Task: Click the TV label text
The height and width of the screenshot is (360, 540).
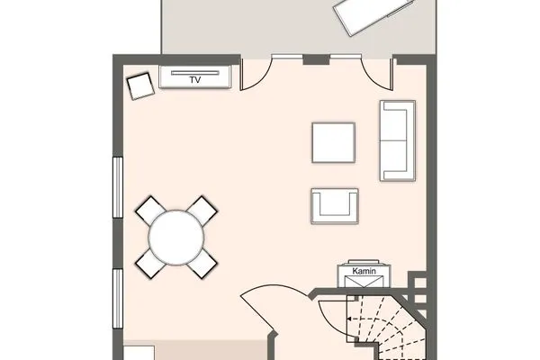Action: [195, 80]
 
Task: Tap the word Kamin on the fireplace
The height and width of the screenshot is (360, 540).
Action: [364, 271]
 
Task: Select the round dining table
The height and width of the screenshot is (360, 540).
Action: [176, 238]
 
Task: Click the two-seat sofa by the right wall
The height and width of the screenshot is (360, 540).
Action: [398, 140]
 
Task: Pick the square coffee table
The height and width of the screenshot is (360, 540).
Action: [333, 142]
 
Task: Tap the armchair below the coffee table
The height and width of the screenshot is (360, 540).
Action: [335, 206]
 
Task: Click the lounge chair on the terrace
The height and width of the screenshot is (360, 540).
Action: [374, 15]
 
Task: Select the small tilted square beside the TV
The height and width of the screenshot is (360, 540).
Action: [140, 86]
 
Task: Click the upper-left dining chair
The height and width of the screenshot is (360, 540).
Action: [151, 210]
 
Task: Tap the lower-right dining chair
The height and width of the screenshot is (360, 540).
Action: [202, 264]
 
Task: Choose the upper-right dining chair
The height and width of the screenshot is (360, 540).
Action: [202, 210]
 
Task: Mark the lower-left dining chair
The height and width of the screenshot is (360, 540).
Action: [151, 264]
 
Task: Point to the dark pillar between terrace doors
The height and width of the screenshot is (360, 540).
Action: [316, 59]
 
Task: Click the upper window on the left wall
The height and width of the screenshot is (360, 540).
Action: [118, 187]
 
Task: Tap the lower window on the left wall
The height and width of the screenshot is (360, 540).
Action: [118, 299]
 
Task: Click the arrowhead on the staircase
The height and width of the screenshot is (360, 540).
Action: [349, 319]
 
